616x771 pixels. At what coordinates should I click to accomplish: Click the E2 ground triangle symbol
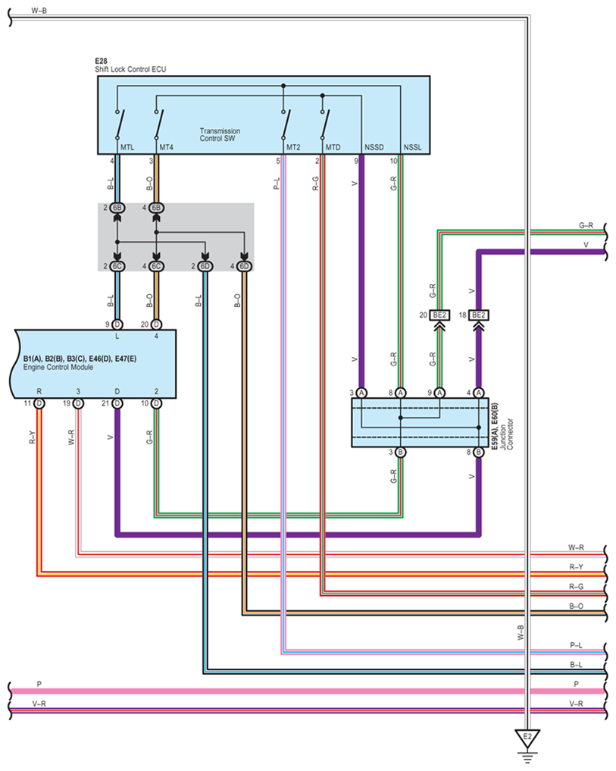(x=527, y=738)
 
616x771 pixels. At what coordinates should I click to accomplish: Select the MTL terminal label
(x=127, y=148)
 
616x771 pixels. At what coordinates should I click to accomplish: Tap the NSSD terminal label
(x=374, y=148)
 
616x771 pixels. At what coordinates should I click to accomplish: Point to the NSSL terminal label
(x=412, y=148)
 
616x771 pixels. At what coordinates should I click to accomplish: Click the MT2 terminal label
(x=293, y=148)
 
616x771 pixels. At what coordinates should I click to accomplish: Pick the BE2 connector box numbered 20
(x=439, y=315)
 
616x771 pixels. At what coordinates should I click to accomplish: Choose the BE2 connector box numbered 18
(x=478, y=315)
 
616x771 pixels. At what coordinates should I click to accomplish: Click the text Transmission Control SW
(x=220, y=135)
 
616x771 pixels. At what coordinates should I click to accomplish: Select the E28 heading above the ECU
(x=101, y=61)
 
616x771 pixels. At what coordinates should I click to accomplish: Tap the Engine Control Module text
(x=58, y=368)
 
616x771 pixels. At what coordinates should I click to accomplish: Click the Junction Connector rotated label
(x=506, y=434)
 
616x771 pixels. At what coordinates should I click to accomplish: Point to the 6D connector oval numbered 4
(x=244, y=267)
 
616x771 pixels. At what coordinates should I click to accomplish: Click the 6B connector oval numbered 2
(x=117, y=208)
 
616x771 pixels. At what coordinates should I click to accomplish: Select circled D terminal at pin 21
(x=117, y=403)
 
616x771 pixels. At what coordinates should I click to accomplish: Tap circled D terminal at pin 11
(x=39, y=403)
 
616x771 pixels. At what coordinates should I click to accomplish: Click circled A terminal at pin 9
(x=439, y=393)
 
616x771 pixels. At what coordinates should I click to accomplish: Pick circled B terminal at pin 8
(x=478, y=453)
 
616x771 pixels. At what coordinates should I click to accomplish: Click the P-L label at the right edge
(x=576, y=645)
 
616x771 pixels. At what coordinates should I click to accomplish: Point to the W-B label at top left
(x=39, y=11)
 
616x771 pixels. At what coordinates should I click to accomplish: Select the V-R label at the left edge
(x=39, y=704)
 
